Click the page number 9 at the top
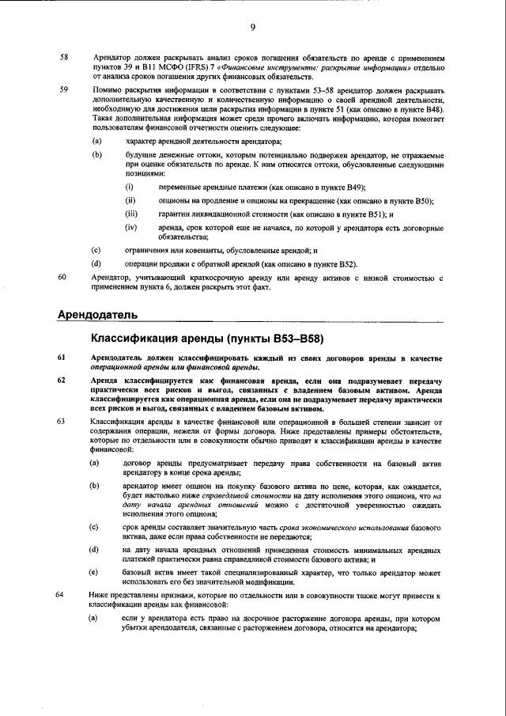[x=253, y=28]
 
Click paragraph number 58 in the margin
[x=64, y=58]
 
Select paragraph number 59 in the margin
[x=64, y=90]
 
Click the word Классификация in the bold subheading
[x=134, y=339]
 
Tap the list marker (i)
[x=130, y=188]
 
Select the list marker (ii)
[x=130, y=201]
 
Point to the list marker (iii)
[x=131, y=214]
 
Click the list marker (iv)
[x=131, y=228]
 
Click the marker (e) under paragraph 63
[x=95, y=571]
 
